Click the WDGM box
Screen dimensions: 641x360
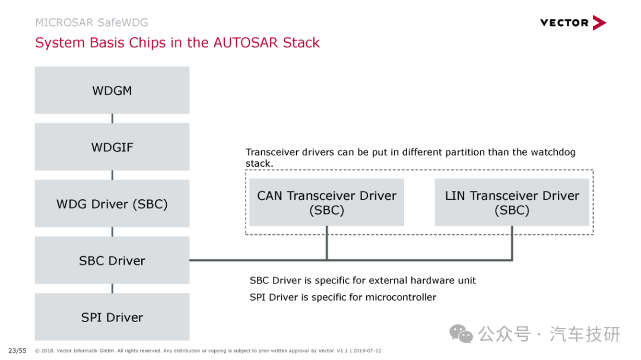click(112, 90)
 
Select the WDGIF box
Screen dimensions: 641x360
click(112, 146)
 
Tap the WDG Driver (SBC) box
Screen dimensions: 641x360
click(112, 203)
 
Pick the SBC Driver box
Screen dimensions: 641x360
click(112, 260)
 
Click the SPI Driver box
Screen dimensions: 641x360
click(112, 317)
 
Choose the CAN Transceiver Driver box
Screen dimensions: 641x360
click(326, 202)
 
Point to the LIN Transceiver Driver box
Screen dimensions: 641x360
click(512, 202)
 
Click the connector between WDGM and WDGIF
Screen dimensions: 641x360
click(112, 119)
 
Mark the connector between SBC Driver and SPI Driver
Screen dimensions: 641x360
click(112, 288)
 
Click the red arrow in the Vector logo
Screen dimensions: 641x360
click(599, 23)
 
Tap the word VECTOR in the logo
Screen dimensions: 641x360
click(564, 23)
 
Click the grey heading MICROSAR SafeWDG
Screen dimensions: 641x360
click(91, 23)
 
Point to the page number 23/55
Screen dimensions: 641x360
click(17, 351)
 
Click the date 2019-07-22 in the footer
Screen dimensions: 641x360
click(367, 351)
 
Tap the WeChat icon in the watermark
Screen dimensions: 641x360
click(461, 334)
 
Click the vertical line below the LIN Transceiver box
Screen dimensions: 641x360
click(512, 243)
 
